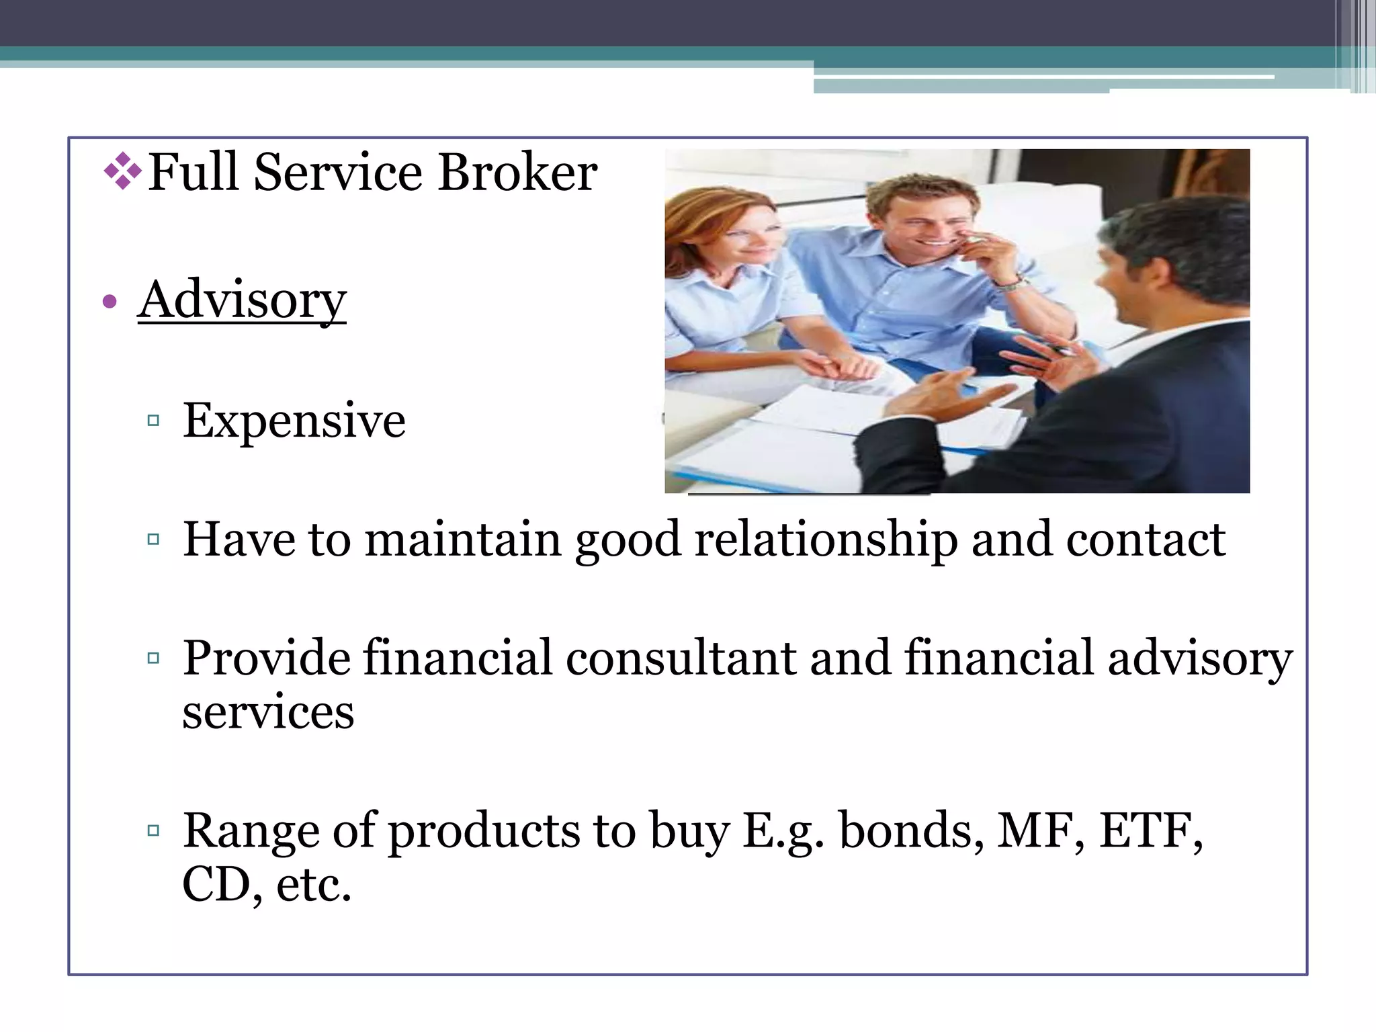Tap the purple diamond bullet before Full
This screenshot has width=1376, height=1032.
pyautogui.click(x=122, y=171)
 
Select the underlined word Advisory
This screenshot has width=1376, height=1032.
pyautogui.click(x=242, y=300)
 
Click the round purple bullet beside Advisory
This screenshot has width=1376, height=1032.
pyautogui.click(x=110, y=302)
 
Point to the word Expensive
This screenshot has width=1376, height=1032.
pyautogui.click(x=294, y=421)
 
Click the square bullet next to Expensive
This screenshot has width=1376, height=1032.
pyautogui.click(x=153, y=421)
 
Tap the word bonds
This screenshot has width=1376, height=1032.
pyautogui.click(x=906, y=830)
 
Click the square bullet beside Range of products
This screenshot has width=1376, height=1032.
pyautogui.click(x=153, y=830)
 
